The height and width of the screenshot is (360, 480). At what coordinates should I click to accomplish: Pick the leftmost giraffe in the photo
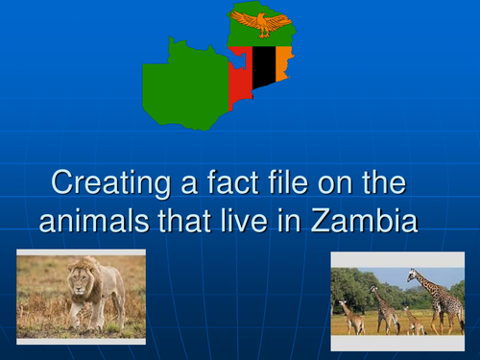click(348, 315)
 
